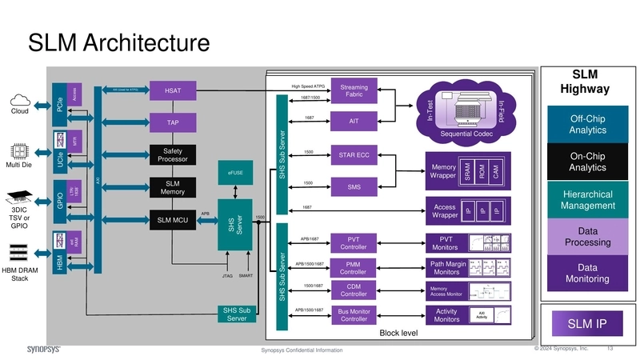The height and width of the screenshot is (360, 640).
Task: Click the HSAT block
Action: pyautogui.click(x=173, y=91)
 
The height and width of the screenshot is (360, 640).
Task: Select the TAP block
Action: pyautogui.click(x=173, y=123)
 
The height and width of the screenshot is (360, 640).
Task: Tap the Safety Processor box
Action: pyautogui.click(x=173, y=155)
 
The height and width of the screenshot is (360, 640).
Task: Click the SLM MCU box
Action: pyautogui.click(x=173, y=220)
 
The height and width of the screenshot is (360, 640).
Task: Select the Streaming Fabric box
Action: pyautogui.click(x=354, y=91)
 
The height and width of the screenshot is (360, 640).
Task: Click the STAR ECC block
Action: pyautogui.click(x=354, y=154)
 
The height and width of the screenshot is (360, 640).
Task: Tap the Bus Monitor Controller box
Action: pyautogui.click(x=354, y=314)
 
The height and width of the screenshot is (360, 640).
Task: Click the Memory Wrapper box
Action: pyautogui.click(x=442, y=171)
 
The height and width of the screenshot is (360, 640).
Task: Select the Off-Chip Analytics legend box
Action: pyautogui.click(x=587, y=124)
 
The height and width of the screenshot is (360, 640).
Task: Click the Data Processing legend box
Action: pyautogui.click(x=587, y=237)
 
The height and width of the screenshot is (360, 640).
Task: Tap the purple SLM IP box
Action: pyautogui.click(x=587, y=324)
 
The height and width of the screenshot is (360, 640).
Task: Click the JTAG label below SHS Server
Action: pyautogui.click(x=227, y=275)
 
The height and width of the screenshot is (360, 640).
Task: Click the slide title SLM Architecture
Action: pyautogui.click(x=118, y=42)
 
